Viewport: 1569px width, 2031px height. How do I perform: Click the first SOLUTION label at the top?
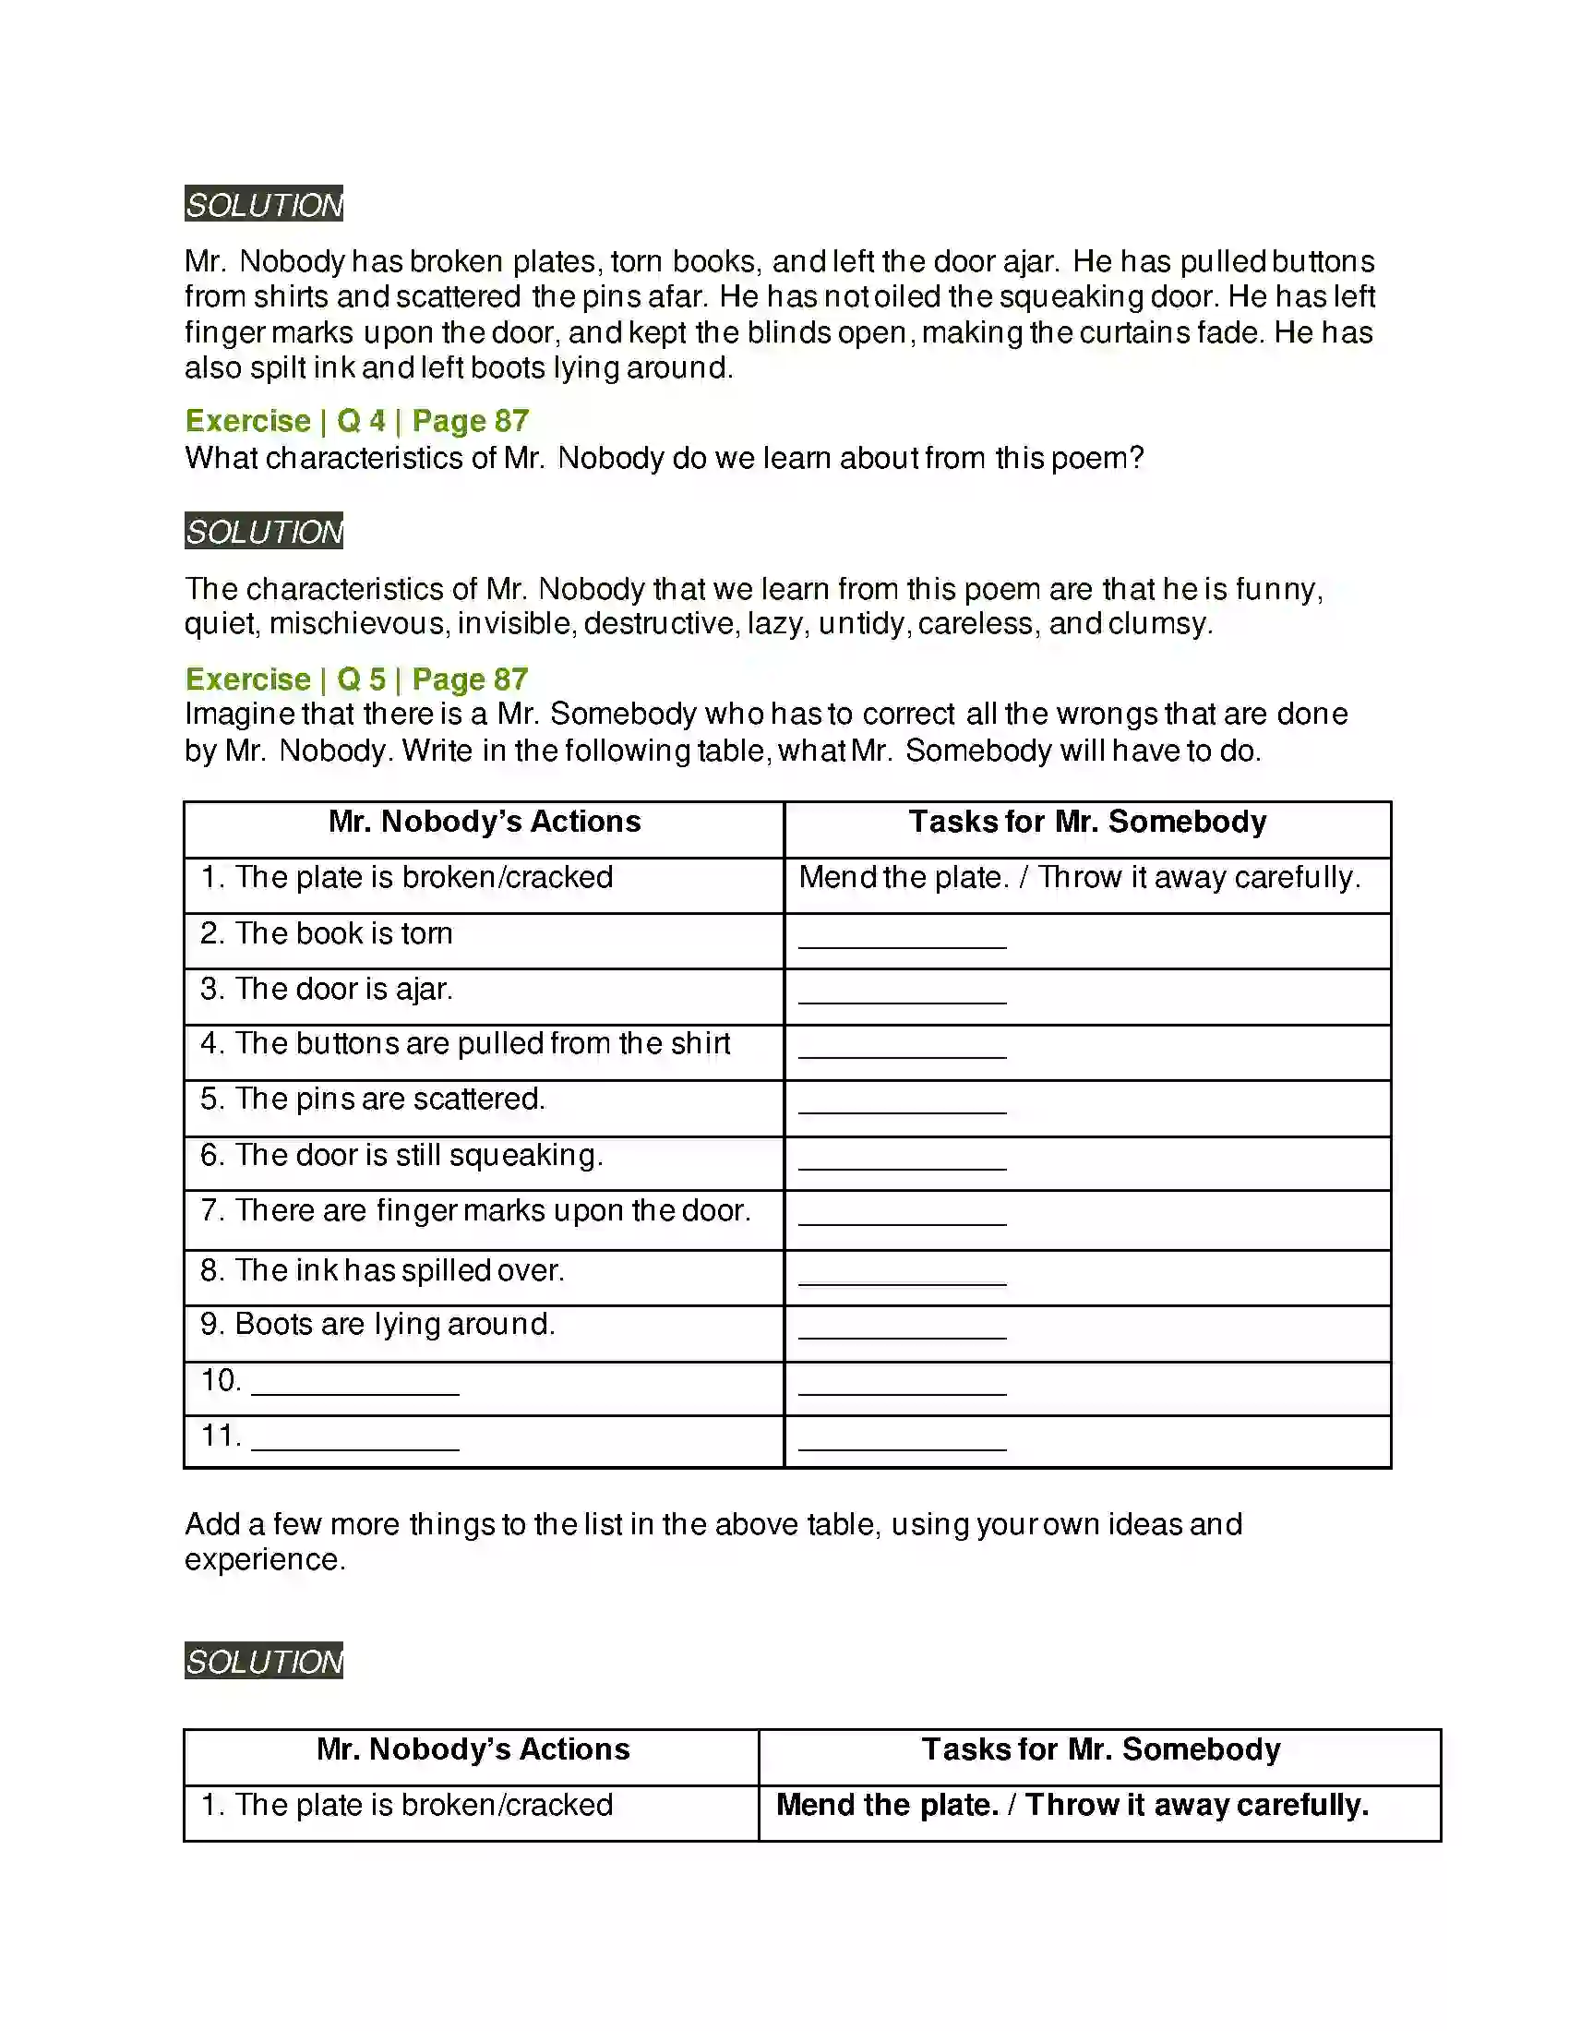264,205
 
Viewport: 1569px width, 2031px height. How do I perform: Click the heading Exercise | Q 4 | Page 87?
357,421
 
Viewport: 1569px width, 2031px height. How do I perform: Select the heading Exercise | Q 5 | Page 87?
357,679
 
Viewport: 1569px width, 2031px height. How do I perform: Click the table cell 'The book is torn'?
343,933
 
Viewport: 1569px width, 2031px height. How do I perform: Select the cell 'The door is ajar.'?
343,990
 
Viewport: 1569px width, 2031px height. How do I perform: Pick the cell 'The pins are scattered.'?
389,1100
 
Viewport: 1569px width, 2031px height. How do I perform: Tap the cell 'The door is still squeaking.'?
418,1155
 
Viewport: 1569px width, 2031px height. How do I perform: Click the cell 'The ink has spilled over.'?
399,1270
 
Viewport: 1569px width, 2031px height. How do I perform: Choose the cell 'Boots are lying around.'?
394,1324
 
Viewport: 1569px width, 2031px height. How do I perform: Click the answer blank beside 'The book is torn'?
902,941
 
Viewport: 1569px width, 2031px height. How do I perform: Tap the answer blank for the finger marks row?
902,1219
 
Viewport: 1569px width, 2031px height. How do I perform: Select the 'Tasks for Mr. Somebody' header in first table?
1087,822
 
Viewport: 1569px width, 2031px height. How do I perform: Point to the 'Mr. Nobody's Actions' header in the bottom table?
473,1749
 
